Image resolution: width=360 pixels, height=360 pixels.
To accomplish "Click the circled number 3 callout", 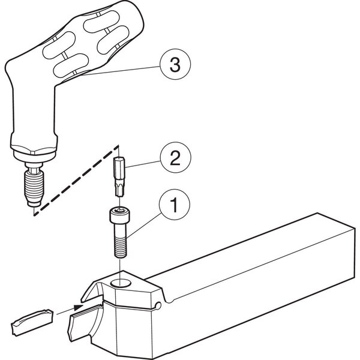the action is tap(175, 64).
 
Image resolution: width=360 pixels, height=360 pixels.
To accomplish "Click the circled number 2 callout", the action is tap(175, 157).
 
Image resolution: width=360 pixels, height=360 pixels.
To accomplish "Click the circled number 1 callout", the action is tap(175, 205).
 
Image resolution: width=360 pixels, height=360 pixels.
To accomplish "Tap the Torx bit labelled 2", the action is tap(119, 176).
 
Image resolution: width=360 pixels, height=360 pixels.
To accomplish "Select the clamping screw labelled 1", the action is tap(120, 232).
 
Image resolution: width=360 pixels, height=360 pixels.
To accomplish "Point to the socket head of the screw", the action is tap(119, 215).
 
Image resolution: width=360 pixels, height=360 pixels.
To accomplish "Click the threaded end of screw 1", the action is tap(121, 247).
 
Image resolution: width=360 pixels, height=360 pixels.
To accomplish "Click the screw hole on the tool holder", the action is tap(121, 283).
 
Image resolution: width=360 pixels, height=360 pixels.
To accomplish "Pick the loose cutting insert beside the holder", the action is tap(32, 323).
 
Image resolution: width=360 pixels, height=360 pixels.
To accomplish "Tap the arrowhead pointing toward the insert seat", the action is tap(79, 307).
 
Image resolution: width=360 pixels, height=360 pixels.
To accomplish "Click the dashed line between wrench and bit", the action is tap(76, 181).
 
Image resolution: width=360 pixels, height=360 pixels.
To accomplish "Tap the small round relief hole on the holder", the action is tap(158, 305).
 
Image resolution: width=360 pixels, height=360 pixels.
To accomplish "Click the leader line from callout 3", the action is tap(121, 71).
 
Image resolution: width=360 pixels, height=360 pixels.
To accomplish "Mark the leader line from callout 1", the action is tap(144, 225).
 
